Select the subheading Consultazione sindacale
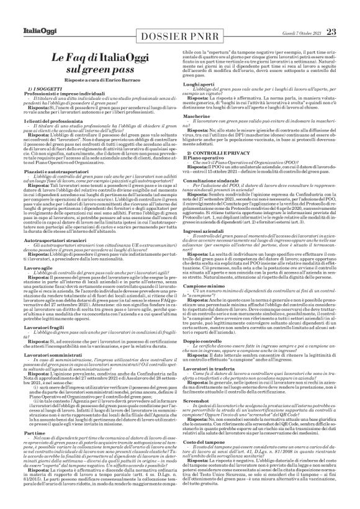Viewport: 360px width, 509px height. point(216,196)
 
